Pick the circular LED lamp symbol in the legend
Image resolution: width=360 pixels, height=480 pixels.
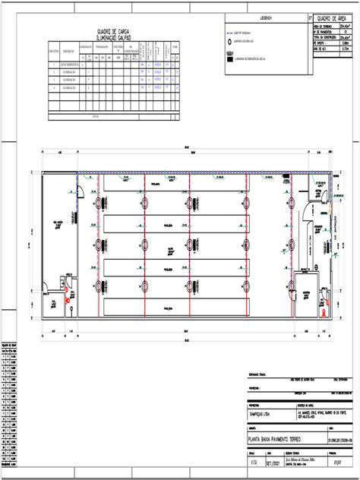230,44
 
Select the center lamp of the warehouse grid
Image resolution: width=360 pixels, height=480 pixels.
190,245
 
